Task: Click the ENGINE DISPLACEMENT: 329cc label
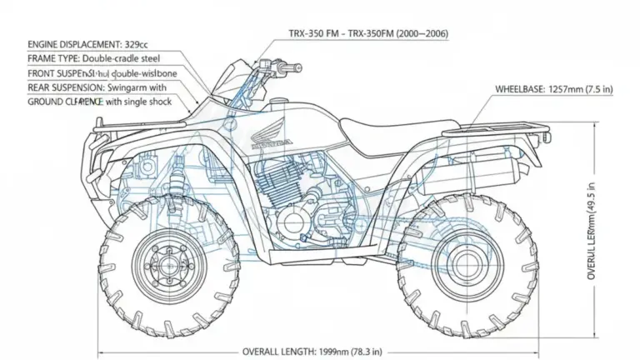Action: point(88,42)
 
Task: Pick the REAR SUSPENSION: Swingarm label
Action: point(97,87)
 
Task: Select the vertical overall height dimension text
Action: point(592,233)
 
